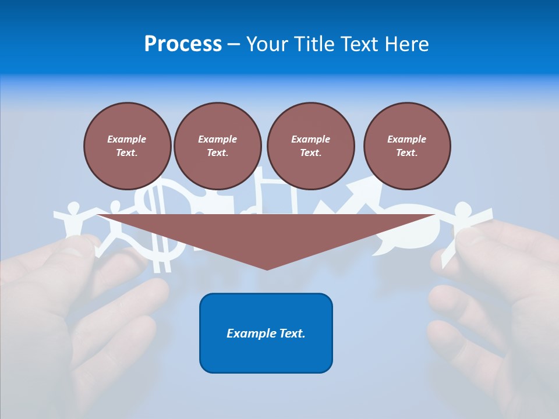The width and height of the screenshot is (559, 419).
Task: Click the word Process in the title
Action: click(183, 44)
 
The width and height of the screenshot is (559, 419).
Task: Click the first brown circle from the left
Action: click(127, 145)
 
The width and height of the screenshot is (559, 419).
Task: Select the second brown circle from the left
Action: click(217, 145)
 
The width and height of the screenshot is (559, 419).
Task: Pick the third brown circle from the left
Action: click(310, 145)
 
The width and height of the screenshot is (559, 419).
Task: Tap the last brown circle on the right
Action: click(407, 145)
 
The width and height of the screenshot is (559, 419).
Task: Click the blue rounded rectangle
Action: click(266, 333)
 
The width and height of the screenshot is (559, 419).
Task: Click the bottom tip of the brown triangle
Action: click(267, 268)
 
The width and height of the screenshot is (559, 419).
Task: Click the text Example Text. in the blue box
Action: click(266, 333)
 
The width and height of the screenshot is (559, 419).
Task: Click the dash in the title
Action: click(233, 44)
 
